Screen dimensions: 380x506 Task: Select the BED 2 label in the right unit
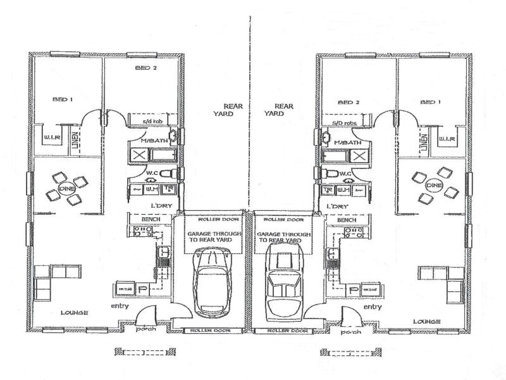pyautogui.click(x=349, y=101)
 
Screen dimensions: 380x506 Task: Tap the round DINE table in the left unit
pyautogui.click(x=65, y=188)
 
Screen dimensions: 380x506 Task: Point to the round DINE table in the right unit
pyautogui.click(x=433, y=185)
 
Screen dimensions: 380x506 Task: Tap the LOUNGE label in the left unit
pyautogui.click(x=74, y=313)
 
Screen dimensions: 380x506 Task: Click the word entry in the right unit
pyautogui.click(x=373, y=307)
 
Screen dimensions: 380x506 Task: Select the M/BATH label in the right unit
pyautogui.click(x=346, y=142)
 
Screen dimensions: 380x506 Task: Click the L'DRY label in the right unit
pyautogui.click(x=336, y=207)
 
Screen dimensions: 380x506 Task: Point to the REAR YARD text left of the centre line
pyautogui.click(x=223, y=110)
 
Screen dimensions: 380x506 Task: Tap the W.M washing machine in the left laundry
pyautogui.click(x=152, y=189)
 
